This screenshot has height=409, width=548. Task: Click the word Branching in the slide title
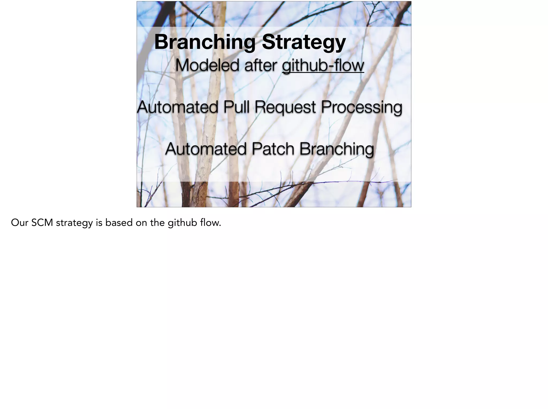click(x=205, y=42)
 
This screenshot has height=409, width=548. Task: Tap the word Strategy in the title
click(x=304, y=42)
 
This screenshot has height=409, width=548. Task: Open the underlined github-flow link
click(x=323, y=66)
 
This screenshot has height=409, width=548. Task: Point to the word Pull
click(x=236, y=107)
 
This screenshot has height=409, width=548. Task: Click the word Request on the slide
click(x=285, y=107)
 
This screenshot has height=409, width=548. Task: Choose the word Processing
click(x=361, y=107)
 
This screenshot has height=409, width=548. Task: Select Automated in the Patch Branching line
click(x=205, y=149)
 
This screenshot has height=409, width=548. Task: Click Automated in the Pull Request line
click(x=177, y=107)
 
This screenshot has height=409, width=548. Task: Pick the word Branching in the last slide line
click(x=336, y=149)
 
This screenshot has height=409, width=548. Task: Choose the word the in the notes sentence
click(x=157, y=223)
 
